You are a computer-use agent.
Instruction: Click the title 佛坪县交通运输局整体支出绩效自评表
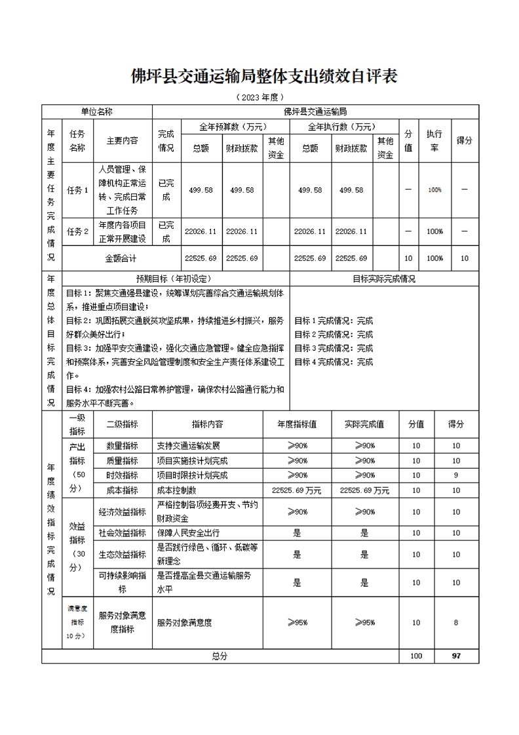click(x=264, y=77)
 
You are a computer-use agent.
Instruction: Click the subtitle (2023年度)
click(x=259, y=97)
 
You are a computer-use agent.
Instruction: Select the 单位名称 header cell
click(x=97, y=112)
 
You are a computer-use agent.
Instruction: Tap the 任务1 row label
click(x=77, y=190)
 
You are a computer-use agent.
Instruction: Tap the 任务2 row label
click(x=77, y=231)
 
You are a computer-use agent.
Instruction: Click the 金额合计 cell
click(x=121, y=258)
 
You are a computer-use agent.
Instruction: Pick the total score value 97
click(x=456, y=656)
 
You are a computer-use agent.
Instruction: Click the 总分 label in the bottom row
click(x=220, y=656)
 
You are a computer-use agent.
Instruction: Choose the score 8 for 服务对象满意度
click(x=456, y=622)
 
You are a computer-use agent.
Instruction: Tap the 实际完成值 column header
click(x=364, y=424)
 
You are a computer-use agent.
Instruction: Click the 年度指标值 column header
click(x=297, y=424)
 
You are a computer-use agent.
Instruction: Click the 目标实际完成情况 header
click(x=384, y=278)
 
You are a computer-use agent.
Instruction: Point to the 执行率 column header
click(x=434, y=140)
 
